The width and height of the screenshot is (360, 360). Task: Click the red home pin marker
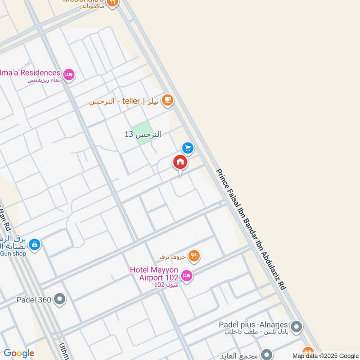pyautogui.click(x=180, y=162)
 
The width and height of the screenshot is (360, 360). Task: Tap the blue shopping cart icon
pyautogui.click(x=188, y=148)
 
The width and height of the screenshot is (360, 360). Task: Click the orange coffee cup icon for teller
pyautogui.click(x=167, y=100)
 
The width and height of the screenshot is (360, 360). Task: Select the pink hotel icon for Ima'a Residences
pyautogui.click(x=69, y=74)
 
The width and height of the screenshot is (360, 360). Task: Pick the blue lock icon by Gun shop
pyautogui.click(x=34, y=245)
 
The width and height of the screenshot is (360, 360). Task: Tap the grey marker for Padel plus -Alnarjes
pyautogui.click(x=296, y=327)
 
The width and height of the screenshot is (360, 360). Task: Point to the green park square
pyautogui.click(x=142, y=134)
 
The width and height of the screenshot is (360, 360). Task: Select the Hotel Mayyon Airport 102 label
pyautogui.click(x=154, y=274)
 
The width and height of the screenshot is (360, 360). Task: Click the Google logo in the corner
pyautogui.click(x=19, y=353)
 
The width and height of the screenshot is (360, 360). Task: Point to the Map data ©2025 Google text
pyautogui.click(x=325, y=355)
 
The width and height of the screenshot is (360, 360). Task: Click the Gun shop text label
pyautogui.click(x=13, y=253)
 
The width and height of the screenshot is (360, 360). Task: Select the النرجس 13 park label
pyautogui.click(x=143, y=134)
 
